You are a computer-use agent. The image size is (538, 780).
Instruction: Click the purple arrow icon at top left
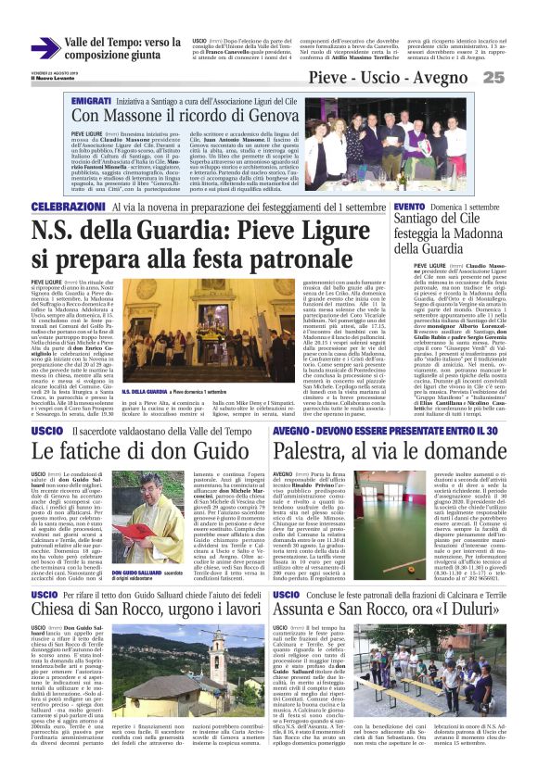(x=45, y=48)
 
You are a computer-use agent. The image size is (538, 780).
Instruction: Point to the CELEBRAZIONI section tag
(x=69, y=207)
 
